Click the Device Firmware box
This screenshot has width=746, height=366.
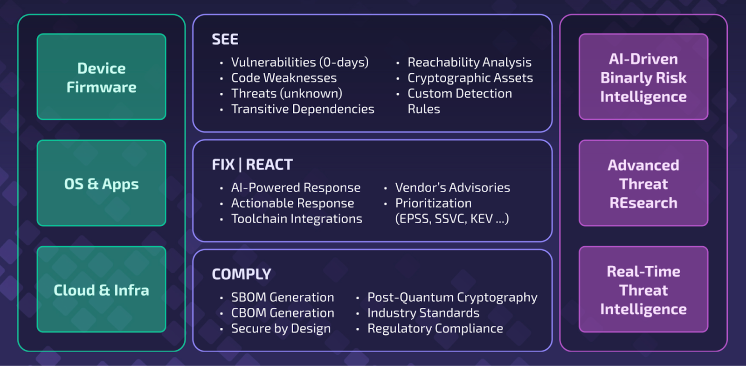click(101, 77)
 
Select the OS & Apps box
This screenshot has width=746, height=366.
click(101, 183)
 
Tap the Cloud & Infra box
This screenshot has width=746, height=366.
click(101, 290)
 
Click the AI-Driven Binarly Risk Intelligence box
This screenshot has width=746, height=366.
click(643, 77)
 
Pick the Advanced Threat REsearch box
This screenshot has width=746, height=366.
click(643, 183)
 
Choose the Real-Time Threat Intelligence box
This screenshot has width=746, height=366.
click(643, 290)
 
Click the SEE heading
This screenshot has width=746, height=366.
click(225, 40)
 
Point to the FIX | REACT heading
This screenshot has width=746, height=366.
click(252, 165)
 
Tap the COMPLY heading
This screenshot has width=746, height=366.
click(242, 274)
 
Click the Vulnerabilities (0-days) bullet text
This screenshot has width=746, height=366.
click(300, 62)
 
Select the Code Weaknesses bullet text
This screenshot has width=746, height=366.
click(284, 78)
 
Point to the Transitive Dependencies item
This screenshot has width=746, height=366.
click(303, 109)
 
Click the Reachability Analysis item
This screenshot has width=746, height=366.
click(469, 62)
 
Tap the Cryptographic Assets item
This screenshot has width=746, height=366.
click(470, 78)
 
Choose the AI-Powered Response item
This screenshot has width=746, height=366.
click(296, 187)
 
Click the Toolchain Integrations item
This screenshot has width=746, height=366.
click(297, 219)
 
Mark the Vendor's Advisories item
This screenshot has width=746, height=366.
click(452, 187)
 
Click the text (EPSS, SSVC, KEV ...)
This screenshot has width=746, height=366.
click(452, 219)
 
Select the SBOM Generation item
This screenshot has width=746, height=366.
click(283, 297)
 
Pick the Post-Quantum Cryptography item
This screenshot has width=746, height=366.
click(452, 297)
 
